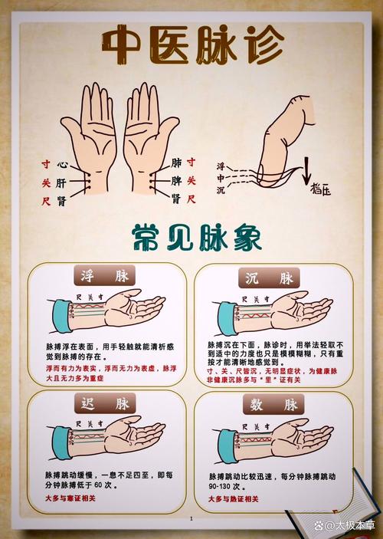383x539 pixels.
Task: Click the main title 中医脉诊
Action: click(191, 48)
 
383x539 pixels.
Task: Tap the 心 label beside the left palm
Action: click(62, 164)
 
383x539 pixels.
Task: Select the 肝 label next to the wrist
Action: click(62, 182)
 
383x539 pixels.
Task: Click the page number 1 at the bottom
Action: click(191, 519)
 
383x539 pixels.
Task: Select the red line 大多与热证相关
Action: click(233, 498)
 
